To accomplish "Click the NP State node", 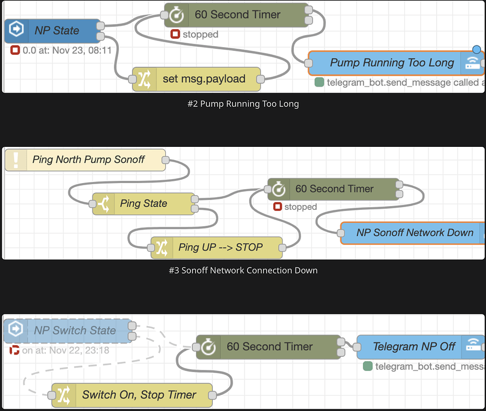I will [x=56, y=31].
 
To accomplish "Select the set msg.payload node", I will [x=204, y=79].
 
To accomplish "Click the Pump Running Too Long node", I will [x=391, y=63].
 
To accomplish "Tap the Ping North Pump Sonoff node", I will [x=88, y=160].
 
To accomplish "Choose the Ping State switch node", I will [x=143, y=204].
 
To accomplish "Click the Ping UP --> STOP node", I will [x=220, y=247].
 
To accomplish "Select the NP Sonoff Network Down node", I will [x=414, y=233].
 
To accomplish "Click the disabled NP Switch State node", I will [x=74, y=330].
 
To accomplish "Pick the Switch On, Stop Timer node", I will [x=139, y=395].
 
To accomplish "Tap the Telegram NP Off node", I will [x=414, y=346].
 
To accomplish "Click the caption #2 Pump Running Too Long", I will [x=243, y=104].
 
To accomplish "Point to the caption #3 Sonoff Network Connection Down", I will [x=243, y=270].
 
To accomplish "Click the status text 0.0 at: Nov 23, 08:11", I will [x=67, y=50].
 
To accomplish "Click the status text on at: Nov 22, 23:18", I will [x=66, y=350].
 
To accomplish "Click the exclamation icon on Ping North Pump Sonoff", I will [x=16, y=160].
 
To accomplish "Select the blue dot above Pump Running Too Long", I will [x=476, y=50].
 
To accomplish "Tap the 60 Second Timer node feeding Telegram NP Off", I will [x=269, y=347].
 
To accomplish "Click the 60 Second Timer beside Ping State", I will [x=334, y=189].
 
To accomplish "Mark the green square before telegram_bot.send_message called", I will [x=320, y=83].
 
